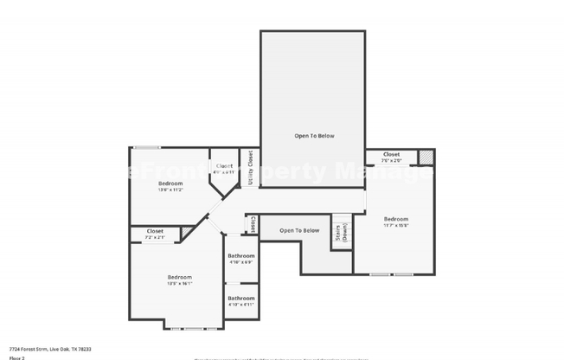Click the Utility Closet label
pos(250,168)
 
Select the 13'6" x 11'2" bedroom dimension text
pos(170,190)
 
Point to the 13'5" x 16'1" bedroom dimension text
pos(179,283)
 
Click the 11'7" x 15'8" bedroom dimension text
pos(396,225)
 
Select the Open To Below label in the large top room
pos(314,136)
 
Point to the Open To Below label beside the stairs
pos(299,230)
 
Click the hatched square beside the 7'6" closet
pos(425,157)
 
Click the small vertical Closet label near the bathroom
pos(253,223)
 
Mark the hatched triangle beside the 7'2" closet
pos(187,231)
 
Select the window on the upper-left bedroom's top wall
pos(146,147)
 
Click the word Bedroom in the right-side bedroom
pos(396,218)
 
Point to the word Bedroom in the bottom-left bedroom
pos(179,277)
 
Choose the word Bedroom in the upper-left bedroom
pos(170,183)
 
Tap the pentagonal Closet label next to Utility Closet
pos(224,165)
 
